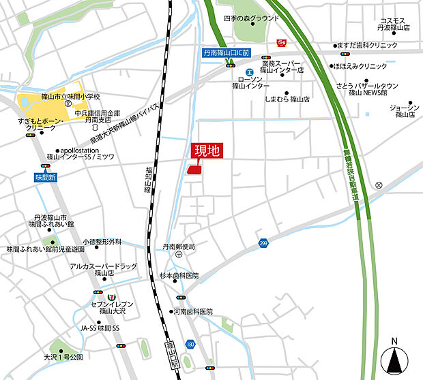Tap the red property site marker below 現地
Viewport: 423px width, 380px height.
coord(193,171)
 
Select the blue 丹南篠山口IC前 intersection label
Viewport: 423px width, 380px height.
coord(226,52)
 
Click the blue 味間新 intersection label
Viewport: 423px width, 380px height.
coord(45,177)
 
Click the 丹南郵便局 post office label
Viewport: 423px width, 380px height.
coord(178,247)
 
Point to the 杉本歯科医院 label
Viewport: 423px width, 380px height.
coord(179,276)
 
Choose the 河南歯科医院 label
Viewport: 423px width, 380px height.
coord(192,311)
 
